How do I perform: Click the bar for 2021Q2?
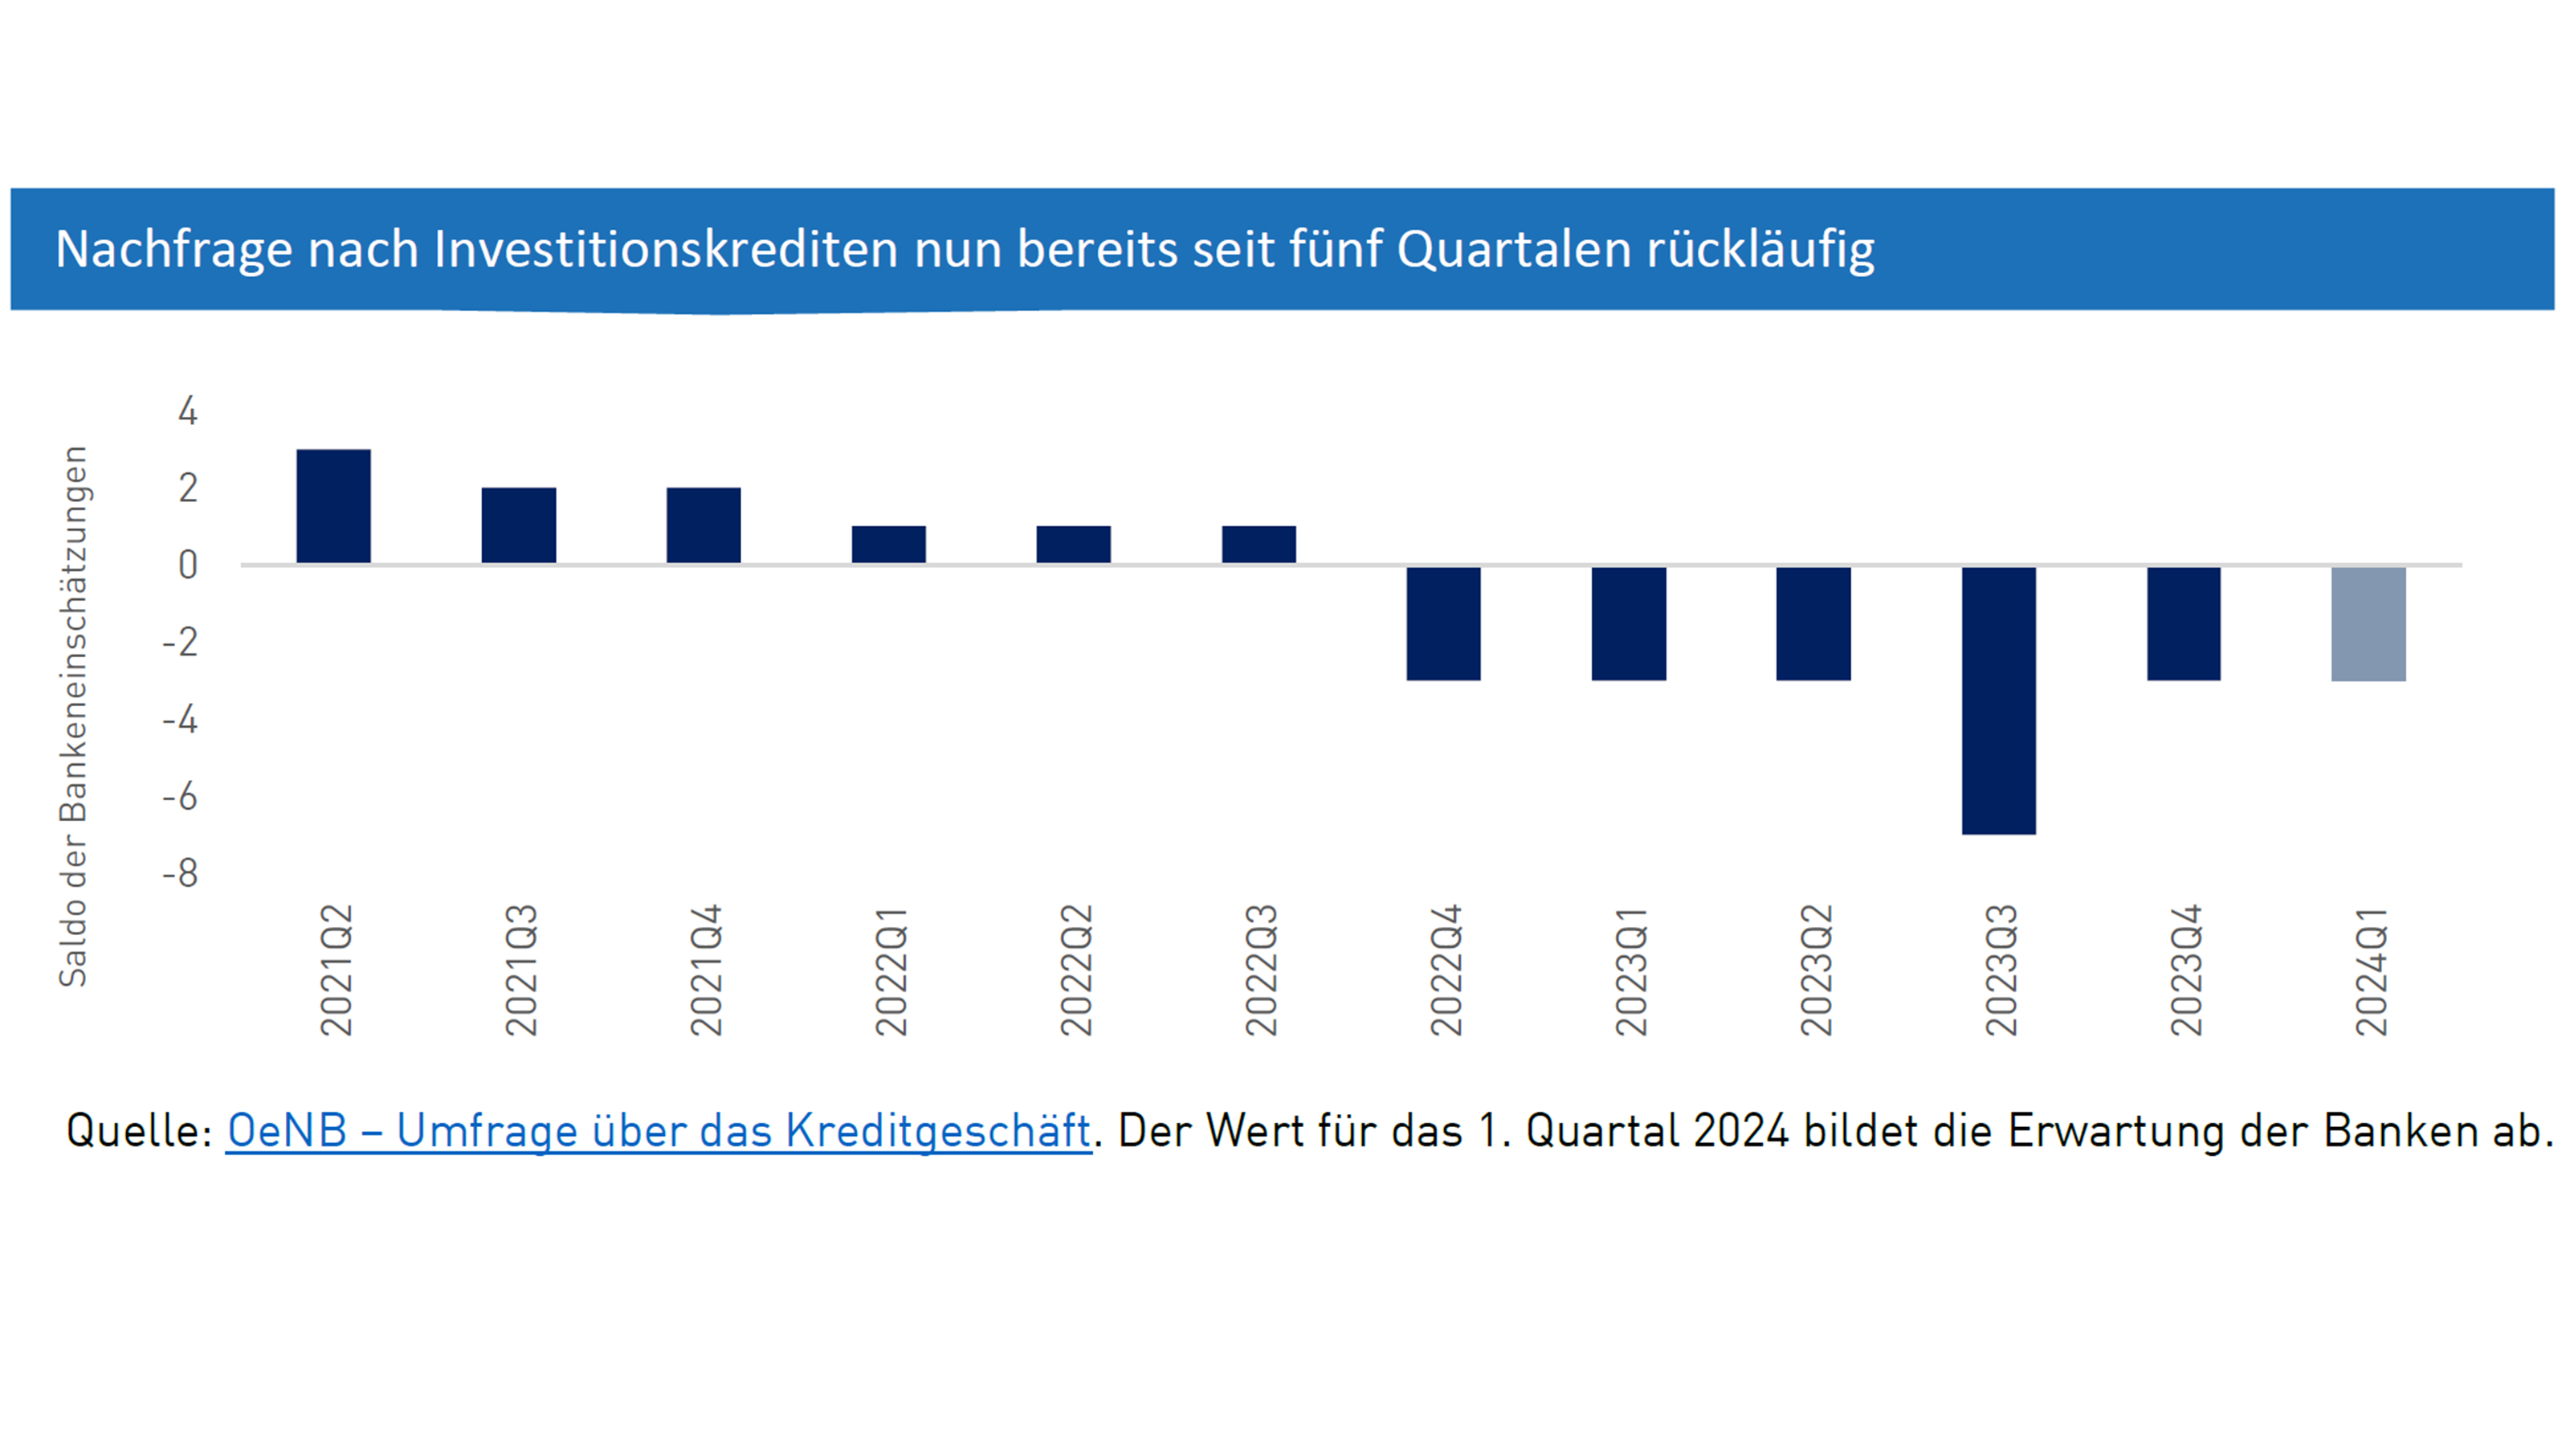[x=333, y=506]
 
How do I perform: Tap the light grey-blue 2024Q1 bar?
[x=2368, y=623]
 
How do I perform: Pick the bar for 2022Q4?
[x=1444, y=623]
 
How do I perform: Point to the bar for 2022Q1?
[x=889, y=544]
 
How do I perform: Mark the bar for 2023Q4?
[x=2184, y=623]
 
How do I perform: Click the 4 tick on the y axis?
[x=188, y=411]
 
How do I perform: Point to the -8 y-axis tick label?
[x=181, y=874]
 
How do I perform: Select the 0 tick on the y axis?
[x=188, y=566]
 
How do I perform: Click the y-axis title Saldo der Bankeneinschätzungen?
[x=73, y=717]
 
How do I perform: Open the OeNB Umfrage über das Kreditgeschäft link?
[x=659, y=1130]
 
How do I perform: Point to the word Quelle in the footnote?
[x=137, y=1130]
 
